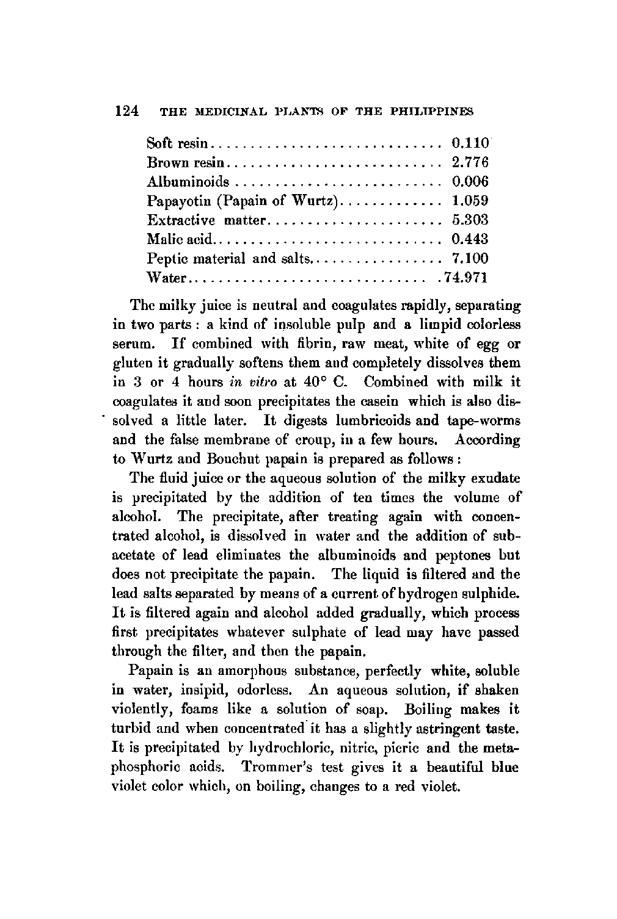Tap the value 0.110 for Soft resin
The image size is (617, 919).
[470, 144]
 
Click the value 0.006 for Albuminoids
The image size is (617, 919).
[470, 182]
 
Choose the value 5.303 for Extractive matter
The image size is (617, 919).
[470, 220]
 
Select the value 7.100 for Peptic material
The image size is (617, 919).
[470, 258]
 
